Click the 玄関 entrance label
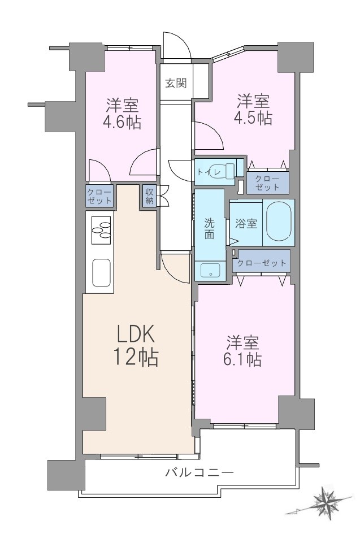[x=176, y=83]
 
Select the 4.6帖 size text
[x=122, y=122]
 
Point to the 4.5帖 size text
[x=253, y=118]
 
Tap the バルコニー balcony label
[x=200, y=472]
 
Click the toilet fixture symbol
[x=223, y=171]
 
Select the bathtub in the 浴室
[x=279, y=222]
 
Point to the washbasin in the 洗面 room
[x=210, y=271]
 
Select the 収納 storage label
[x=150, y=196]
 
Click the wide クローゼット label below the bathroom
[x=262, y=263]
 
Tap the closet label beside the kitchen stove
[x=99, y=196]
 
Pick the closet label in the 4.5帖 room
[x=267, y=183]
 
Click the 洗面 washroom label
[x=210, y=228]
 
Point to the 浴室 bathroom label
[x=246, y=224]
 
